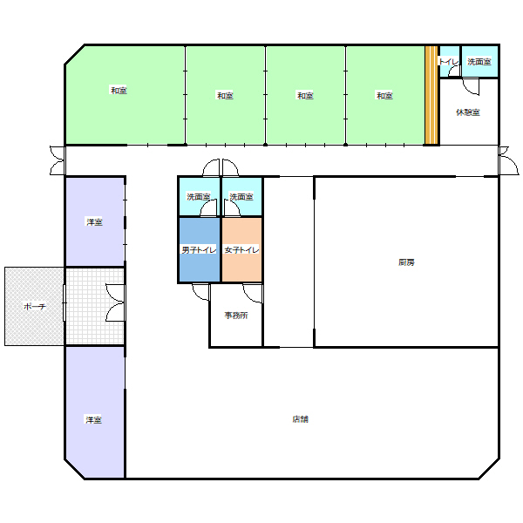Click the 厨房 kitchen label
(406, 262)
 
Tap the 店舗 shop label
(300, 419)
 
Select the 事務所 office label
(236, 316)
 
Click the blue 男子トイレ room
(200, 250)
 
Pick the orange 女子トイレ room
(241, 250)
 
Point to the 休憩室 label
(468, 112)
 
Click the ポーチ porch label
(35, 306)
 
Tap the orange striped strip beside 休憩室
(431, 95)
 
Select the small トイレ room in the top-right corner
(449, 61)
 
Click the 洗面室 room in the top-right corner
(479, 61)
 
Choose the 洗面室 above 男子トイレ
(200, 197)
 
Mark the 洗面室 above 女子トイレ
(241, 197)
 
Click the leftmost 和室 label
(119, 91)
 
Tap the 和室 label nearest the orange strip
(384, 96)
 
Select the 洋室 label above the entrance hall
(94, 221)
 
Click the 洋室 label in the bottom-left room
(93, 419)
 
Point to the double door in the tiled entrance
(115, 302)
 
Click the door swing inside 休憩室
(471, 86)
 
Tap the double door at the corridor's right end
(509, 160)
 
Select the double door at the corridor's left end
(58, 160)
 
